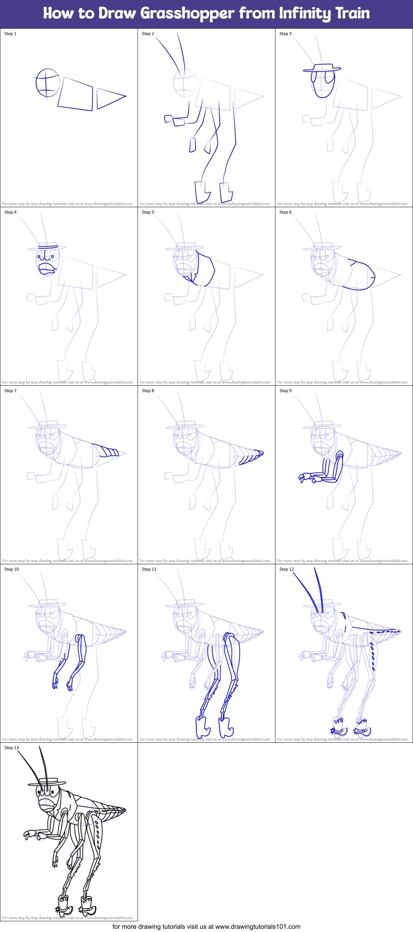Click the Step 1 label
(10, 34)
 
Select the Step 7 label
(10, 391)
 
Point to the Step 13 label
(11, 748)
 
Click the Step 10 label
(11, 569)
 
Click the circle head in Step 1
(47, 83)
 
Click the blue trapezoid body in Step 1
(76, 94)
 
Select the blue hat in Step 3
(322, 68)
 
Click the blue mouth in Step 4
(47, 268)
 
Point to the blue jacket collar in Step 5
(190, 277)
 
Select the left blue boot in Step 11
(202, 727)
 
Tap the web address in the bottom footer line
(258, 927)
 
